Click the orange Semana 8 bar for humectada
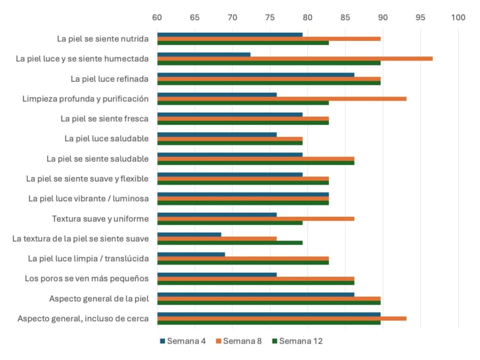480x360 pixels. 295,59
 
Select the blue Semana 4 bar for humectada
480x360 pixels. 204,55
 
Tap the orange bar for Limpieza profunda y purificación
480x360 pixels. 282,98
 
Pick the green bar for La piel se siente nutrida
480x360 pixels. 243,43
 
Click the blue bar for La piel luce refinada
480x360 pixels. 256,75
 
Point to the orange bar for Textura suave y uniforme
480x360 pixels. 256,219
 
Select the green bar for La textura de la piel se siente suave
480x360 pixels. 230,243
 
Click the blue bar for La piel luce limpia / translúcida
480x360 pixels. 191,254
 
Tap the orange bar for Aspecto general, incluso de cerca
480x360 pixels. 282,319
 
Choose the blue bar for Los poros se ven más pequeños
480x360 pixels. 217,274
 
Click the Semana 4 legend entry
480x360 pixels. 183,341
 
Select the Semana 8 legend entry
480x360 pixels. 239,341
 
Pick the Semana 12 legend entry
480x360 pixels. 297,341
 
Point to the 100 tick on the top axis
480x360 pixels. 458,17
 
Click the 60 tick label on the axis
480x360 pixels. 157,17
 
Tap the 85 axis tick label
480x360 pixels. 345,17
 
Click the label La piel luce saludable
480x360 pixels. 106,139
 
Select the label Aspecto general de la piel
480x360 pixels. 99,298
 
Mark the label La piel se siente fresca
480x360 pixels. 105,118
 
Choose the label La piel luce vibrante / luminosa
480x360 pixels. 89,198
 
